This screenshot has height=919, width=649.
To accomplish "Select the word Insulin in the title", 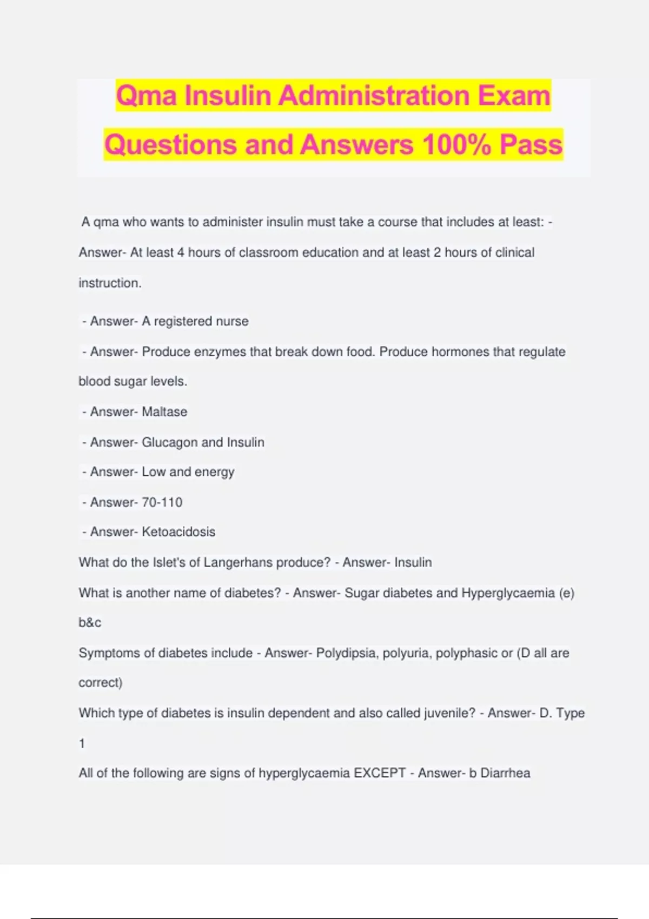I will tap(228, 96).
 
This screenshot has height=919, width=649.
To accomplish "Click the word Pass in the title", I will tap(531, 145).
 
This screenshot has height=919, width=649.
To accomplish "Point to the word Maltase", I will tap(164, 412).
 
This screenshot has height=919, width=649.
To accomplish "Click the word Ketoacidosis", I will tap(178, 532).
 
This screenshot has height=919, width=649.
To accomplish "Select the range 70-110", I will tap(162, 502).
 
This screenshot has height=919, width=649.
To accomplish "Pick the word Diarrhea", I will tap(505, 773).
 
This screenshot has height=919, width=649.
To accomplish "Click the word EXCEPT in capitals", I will tap(380, 773).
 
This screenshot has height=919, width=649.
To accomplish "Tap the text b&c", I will tap(90, 623).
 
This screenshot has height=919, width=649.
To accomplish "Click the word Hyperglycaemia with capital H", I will tap(508, 593).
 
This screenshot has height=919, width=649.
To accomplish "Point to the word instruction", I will tap(110, 283).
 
